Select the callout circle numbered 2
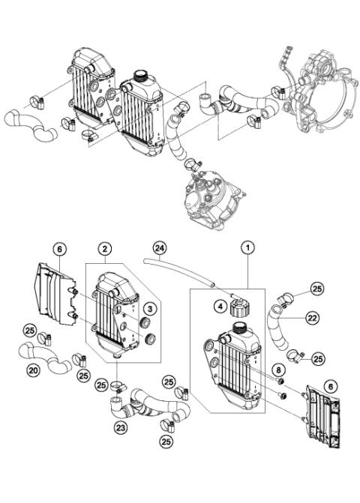106,247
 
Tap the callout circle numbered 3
149,308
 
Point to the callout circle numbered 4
220,305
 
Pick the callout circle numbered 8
278,368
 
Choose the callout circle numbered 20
33,370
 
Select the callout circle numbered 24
158,247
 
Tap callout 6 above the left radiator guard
60,248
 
